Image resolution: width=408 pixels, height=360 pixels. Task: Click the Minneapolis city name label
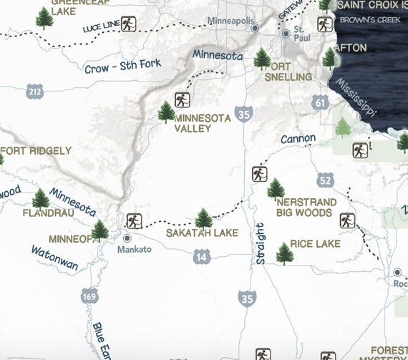click(x=231, y=21)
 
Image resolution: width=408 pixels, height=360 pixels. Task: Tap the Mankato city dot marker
click(x=127, y=238)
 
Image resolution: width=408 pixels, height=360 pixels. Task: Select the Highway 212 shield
click(x=34, y=91)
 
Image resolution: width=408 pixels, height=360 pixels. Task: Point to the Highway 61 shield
click(x=320, y=104)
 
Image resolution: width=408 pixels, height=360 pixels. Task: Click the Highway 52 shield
click(x=326, y=179)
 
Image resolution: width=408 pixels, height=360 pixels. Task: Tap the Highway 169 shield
click(x=89, y=296)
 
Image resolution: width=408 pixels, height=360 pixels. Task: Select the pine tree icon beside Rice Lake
click(x=285, y=253)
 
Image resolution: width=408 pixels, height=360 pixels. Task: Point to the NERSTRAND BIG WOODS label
click(x=304, y=208)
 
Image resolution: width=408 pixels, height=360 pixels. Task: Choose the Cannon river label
click(x=298, y=138)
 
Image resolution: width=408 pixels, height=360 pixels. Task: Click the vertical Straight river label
click(x=261, y=244)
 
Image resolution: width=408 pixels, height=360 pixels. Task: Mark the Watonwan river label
click(x=55, y=258)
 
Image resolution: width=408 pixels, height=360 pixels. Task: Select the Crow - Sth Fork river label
click(x=122, y=66)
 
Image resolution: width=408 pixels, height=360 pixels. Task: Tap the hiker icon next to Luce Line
click(x=128, y=24)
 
